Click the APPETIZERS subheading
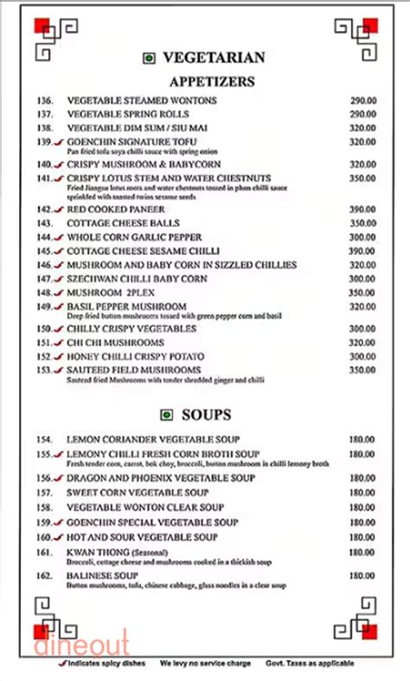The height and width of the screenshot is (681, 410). pyautogui.click(x=212, y=82)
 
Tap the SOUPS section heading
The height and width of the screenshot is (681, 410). pyautogui.click(x=211, y=413)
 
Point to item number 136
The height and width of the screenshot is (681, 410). pyautogui.click(x=45, y=101)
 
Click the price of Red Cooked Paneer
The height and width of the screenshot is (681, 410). pyautogui.click(x=362, y=210)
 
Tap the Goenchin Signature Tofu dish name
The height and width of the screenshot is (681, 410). pyautogui.click(x=123, y=141)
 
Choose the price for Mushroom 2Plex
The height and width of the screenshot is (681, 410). pyautogui.click(x=362, y=293)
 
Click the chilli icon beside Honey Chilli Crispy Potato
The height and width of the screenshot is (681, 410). pyautogui.click(x=58, y=357)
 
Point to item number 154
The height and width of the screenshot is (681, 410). pyautogui.click(x=45, y=439)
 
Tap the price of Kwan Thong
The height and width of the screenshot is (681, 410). pyautogui.click(x=362, y=552)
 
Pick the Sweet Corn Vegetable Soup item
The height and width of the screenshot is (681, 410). pyautogui.click(x=138, y=492)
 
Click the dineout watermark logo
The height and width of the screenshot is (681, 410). pyautogui.click(x=81, y=644)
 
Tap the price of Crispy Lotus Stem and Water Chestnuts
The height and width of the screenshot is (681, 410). pyautogui.click(x=362, y=178)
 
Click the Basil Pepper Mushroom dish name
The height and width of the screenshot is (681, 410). pyautogui.click(x=126, y=307)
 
